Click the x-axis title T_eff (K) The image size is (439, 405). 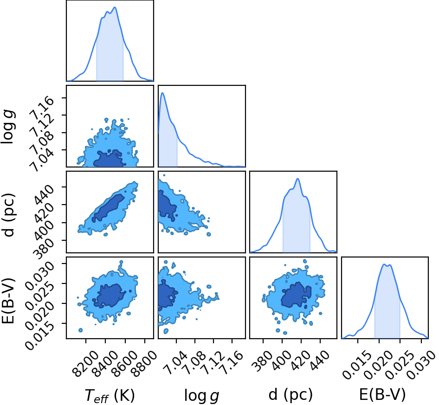[110, 396]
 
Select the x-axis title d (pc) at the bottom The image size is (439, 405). [291, 395]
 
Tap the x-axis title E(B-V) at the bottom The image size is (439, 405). [382, 395]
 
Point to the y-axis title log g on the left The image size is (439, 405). [8, 128]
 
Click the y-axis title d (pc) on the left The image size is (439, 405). [8, 215]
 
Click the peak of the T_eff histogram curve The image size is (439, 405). [115, 7]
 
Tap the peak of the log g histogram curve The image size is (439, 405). [162, 93]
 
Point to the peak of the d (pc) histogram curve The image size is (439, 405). [298, 179]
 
